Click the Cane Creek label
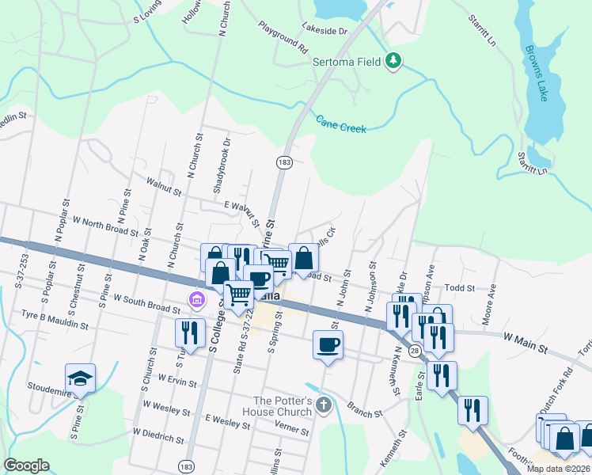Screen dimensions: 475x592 pos(341,123)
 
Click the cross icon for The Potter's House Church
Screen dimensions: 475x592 pos(322,406)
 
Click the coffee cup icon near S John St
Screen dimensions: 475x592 pos(328,344)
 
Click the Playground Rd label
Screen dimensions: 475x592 pos(282,36)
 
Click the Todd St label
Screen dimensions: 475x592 pos(459,289)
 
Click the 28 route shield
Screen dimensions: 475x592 pos(415,349)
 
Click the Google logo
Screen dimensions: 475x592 pos(27,465)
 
